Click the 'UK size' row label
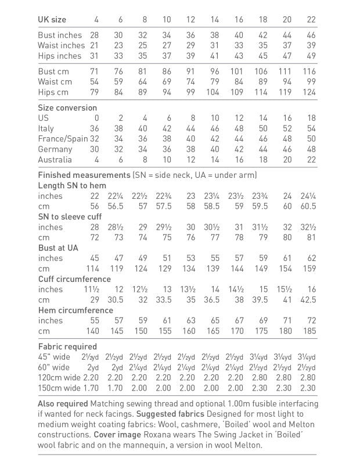tap(52, 20)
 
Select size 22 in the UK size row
tap(311, 20)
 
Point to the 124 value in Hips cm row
tap(309, 92)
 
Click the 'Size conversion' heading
tap(67, 108)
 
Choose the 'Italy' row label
tap(46, 128)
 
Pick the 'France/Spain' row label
tap(63, 139)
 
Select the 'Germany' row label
tap(55, 149)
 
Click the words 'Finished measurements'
tap(84, 175)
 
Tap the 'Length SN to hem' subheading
tap(72, 185)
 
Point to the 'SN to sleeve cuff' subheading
tap(70, 217)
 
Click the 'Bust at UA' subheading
tap(57, 248)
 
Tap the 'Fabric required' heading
tap(67, 346)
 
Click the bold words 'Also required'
tap(62, 403)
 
